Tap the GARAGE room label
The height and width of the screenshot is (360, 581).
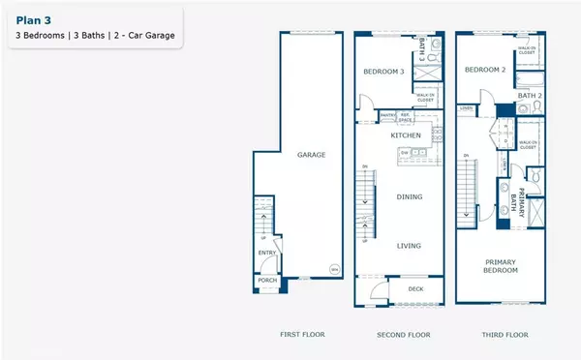coord(311,155)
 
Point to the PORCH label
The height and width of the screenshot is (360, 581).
coord(267,283)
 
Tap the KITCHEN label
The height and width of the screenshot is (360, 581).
coord(406,135)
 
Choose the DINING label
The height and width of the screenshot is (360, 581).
coord(410,196)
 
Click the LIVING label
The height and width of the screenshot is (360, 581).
coord(410,245)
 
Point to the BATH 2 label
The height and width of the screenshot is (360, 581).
coord(529,95)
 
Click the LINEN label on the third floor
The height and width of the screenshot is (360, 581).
coord(466,107)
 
